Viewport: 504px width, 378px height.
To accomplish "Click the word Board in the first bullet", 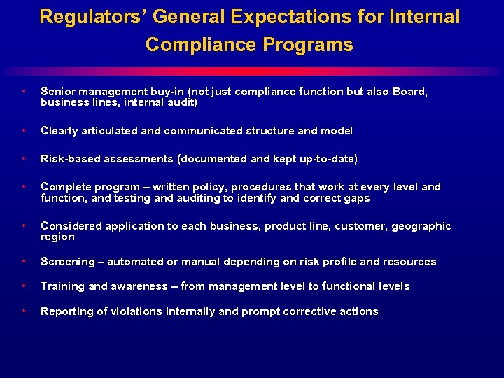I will coord(410,92).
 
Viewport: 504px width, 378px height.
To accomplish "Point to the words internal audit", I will coord(162,102).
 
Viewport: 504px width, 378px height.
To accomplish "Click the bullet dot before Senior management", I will coord(24,92).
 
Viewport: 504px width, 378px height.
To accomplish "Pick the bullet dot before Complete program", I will coord(24,187).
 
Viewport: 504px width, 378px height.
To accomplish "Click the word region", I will coord(57,237).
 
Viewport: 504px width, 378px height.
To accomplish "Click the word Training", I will coord(63,286).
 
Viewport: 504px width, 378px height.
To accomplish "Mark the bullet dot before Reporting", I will coord(24,311).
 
